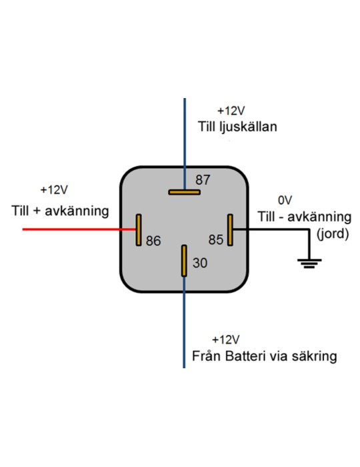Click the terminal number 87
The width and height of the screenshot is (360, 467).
click(x=203, y=180)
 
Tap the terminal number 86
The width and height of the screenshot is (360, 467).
click(x=153, y=241)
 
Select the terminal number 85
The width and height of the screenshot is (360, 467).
click(x=216, y=240)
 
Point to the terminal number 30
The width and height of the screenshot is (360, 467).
click(x=200, y=263)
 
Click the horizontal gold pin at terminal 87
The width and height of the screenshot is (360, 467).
click(x=184, y=192)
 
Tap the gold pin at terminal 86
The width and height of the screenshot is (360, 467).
click(x=139, y=230)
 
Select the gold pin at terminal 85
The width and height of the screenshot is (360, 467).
click(x=230, y=230)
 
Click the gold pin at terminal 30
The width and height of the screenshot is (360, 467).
click(x=184, y=261)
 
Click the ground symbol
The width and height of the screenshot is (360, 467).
click(x=309, y=264)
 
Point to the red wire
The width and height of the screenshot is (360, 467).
click(x=79, y=229)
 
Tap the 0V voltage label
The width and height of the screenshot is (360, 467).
click(x=285, y=200)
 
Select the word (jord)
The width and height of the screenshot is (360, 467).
click(x=333, y=233)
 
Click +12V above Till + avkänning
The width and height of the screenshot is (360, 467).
click(x=54, y=189)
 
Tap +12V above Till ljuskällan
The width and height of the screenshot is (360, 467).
click(x=231, y=111)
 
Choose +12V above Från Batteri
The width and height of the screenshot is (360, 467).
click(x=225, y=340)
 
